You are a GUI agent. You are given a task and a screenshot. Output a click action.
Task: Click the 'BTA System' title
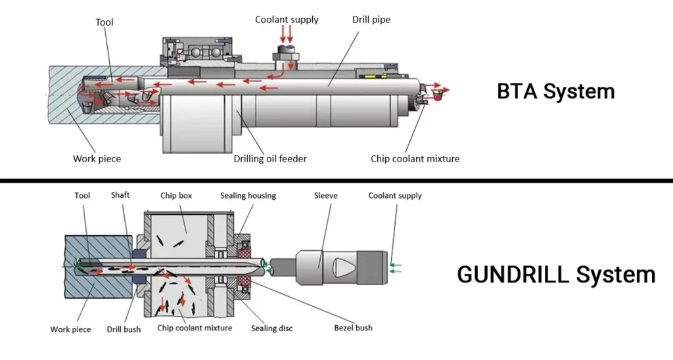(555, 91)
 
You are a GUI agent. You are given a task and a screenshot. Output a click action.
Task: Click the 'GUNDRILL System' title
(556, 274)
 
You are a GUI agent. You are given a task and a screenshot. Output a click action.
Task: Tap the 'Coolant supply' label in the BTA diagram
(287, 20)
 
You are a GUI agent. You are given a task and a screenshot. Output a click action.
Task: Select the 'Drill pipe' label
(371, 20)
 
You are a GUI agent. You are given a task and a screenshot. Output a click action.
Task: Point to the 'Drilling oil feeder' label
(270, 158)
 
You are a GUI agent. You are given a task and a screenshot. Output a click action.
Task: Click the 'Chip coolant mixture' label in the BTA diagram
(415, 158)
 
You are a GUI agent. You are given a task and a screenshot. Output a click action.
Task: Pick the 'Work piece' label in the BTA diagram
(97, 158)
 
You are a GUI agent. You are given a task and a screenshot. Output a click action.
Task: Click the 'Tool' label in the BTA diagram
(104, 22)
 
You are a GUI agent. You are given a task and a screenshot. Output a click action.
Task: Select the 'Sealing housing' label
(248, 196)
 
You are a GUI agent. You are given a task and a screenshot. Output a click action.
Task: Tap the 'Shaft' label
(120, 195)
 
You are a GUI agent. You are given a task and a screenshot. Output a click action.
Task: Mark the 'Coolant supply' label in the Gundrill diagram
(395, 196)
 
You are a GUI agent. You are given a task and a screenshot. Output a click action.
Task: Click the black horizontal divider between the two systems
(336, 180)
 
